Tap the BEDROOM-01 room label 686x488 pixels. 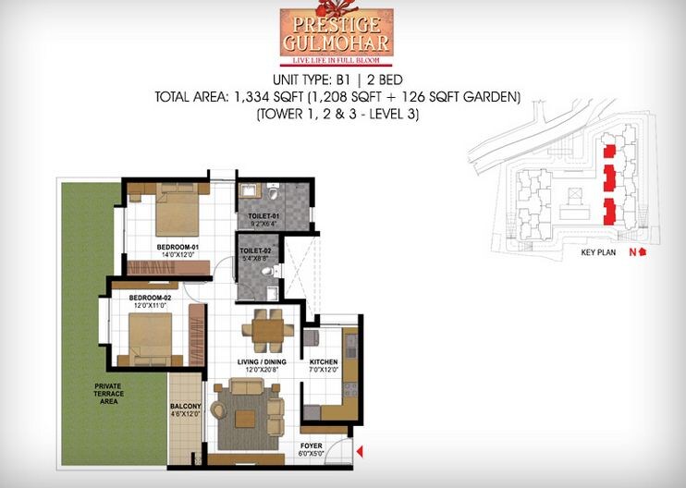(x=178, y=248)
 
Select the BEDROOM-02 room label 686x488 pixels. (x=152, y=298)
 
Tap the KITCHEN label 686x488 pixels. (x=324, y=361)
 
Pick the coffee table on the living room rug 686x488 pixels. (x=245, y=419)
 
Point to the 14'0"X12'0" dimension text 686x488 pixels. (x=178, y=256)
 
